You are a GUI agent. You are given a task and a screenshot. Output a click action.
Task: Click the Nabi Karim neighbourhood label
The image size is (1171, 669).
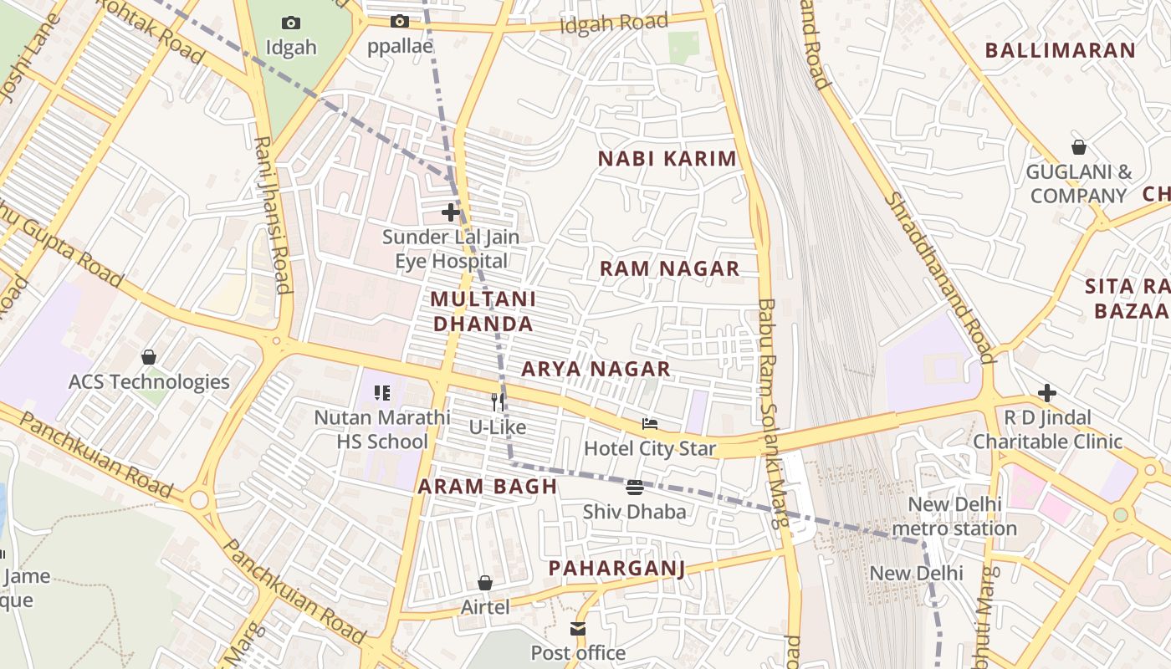tap(667, 159)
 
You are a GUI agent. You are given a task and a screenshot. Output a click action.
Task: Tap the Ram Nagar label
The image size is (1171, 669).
tap(670, 268)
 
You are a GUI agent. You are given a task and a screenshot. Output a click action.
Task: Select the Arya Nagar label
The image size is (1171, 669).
tap(596, 369)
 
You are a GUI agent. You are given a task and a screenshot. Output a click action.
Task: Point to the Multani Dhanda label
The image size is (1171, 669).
tap(483, 311)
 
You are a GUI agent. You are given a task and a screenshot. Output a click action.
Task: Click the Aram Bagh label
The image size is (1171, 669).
tap(488, 487)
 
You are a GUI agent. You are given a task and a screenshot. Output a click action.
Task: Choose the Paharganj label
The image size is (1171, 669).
tap(616, 569)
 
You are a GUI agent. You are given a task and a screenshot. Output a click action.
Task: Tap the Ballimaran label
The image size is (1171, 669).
tap(1060, 50)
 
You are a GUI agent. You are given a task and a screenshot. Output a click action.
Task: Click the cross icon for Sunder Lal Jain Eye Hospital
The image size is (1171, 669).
tap(451, 212)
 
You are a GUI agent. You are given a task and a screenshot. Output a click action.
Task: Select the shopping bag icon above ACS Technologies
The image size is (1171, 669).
tap(149, 357)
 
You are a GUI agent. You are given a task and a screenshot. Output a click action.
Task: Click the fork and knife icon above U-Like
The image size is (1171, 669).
tap(498, 402)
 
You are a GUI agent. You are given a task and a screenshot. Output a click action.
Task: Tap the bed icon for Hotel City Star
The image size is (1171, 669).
tap(650, 424)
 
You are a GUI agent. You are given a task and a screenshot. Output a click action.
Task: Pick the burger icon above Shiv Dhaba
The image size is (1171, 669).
tap(635, 487)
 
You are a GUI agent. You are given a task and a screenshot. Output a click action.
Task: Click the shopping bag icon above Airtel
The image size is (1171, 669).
tap(485, 582)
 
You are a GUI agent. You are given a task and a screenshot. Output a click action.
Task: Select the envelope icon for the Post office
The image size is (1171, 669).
tap(578, 628)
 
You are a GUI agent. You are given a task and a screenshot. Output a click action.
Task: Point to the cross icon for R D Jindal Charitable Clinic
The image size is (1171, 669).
tap(1047, 393)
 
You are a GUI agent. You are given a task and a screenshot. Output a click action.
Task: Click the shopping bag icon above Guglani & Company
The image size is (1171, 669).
tap(1079, 147)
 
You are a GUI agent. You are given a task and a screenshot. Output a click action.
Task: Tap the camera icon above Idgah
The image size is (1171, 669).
tap(291, 23)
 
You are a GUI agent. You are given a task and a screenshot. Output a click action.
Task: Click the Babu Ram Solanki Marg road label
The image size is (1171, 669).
tap(771, 413)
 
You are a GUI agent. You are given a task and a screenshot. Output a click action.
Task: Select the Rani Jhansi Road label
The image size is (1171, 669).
tap(274, 215)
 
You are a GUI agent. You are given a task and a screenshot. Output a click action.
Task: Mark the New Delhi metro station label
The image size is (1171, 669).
tap(954, 517)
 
